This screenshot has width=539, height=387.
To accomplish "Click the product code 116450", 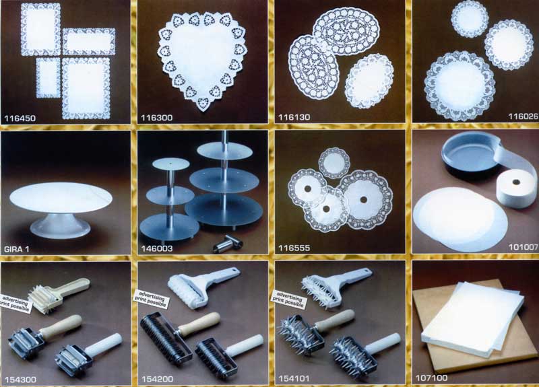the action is (20, 118).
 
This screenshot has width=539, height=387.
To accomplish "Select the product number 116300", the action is (157, 118).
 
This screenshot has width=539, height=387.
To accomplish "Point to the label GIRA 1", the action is (16, 249).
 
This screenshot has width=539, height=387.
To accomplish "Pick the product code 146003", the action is (157, 248).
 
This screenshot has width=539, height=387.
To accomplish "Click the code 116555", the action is (294, 248).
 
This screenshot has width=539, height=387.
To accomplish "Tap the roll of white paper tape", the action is (515, 188).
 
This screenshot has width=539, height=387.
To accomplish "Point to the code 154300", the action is (20, 380).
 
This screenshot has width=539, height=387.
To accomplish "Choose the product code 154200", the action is (158, 379).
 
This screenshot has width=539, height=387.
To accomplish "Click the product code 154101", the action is (294, 378).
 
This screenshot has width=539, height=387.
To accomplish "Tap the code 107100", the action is (432, 378).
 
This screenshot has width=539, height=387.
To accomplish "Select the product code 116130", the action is (294, 117).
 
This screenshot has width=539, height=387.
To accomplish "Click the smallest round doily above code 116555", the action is (334, 163).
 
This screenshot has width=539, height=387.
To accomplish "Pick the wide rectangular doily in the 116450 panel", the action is (89, 42).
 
